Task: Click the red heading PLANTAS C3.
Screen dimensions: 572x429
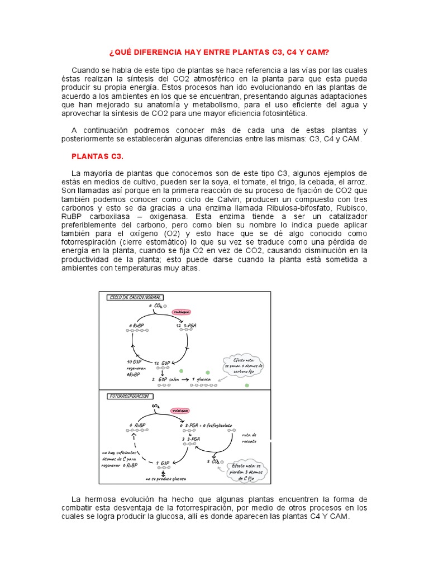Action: coord(97,155)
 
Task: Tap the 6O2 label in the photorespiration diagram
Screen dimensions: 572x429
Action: coord(155,406)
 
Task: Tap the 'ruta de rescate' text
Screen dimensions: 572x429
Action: coord(249,438)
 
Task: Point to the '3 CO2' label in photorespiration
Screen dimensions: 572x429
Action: coord(213,462)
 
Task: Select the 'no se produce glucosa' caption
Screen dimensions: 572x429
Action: coord(165,479)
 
